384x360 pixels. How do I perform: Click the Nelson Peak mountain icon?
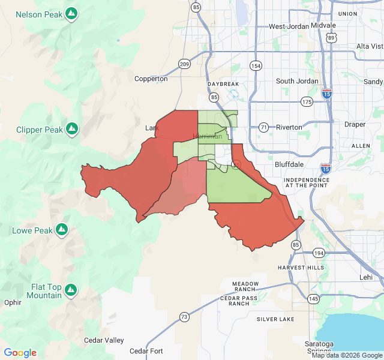[72, 13]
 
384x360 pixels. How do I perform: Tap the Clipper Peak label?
[39, 130]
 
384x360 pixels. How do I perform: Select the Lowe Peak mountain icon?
[61, 229]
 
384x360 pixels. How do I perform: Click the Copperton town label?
[151, 79]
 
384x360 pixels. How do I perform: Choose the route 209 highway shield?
[184, 64]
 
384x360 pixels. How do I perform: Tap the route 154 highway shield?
[256, 65]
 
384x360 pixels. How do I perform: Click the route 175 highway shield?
[307, 101]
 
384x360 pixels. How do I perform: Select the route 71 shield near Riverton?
[263, 127]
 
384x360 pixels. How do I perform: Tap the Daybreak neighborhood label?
[223, 84]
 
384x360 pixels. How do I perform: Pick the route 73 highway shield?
[184, 316]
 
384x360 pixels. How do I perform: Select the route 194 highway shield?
[318, 253]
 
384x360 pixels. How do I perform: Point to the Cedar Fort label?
[146, 351]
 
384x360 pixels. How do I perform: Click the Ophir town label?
[12, 302]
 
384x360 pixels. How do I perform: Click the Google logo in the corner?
[20, 353]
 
